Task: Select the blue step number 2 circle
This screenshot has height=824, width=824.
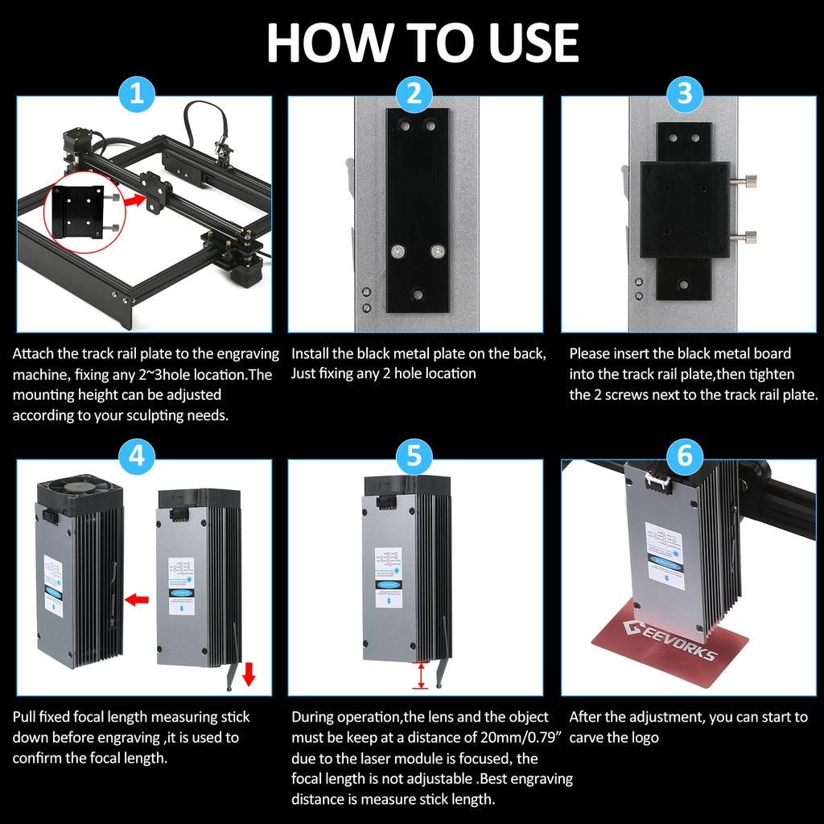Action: tap(414, 94)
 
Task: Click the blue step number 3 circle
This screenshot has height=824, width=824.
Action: tap(685, 94)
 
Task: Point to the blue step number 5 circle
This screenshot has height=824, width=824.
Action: tap(414, 456)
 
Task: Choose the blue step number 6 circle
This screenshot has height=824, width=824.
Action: tap(685, 456)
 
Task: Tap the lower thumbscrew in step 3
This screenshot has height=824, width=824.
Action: tap(747, 236)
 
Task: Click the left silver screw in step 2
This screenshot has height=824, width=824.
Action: tap(398, 252)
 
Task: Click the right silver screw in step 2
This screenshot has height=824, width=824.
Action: tap(437, 252)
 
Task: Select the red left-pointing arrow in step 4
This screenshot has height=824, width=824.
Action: tap(138, 599)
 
